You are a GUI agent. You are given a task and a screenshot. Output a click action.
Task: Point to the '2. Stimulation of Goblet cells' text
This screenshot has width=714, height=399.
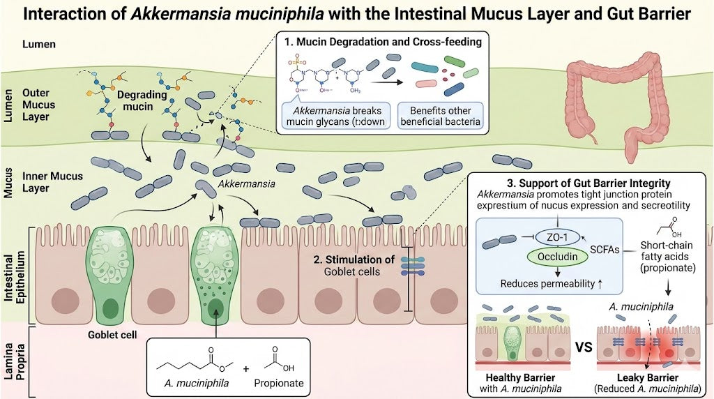click(x=354, y=266)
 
